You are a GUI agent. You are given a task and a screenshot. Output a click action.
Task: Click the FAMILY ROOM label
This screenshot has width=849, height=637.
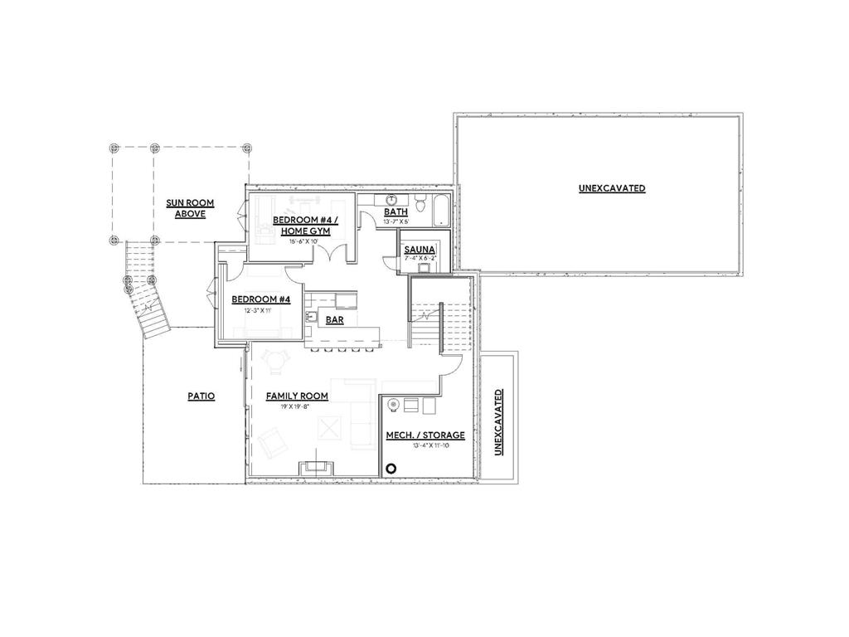click(x=297, y=396)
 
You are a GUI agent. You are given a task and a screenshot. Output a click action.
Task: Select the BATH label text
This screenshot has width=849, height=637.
click(x=395, y=212)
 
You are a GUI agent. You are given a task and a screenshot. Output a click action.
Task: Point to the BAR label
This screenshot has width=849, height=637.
click(x=335, y=319)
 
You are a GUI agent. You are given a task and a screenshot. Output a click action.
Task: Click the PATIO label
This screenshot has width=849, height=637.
click(x=201, y=396)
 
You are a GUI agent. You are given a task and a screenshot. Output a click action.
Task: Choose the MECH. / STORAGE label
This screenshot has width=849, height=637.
click(x=425, y=435)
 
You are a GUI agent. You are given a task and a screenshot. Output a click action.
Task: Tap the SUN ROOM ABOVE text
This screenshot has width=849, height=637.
click(x=185, y=208)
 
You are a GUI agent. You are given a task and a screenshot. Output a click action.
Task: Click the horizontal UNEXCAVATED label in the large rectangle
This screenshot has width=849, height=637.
click(x=612, y=188)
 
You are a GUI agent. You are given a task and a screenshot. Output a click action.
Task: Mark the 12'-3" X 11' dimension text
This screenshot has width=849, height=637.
click(x=260, y=309)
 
